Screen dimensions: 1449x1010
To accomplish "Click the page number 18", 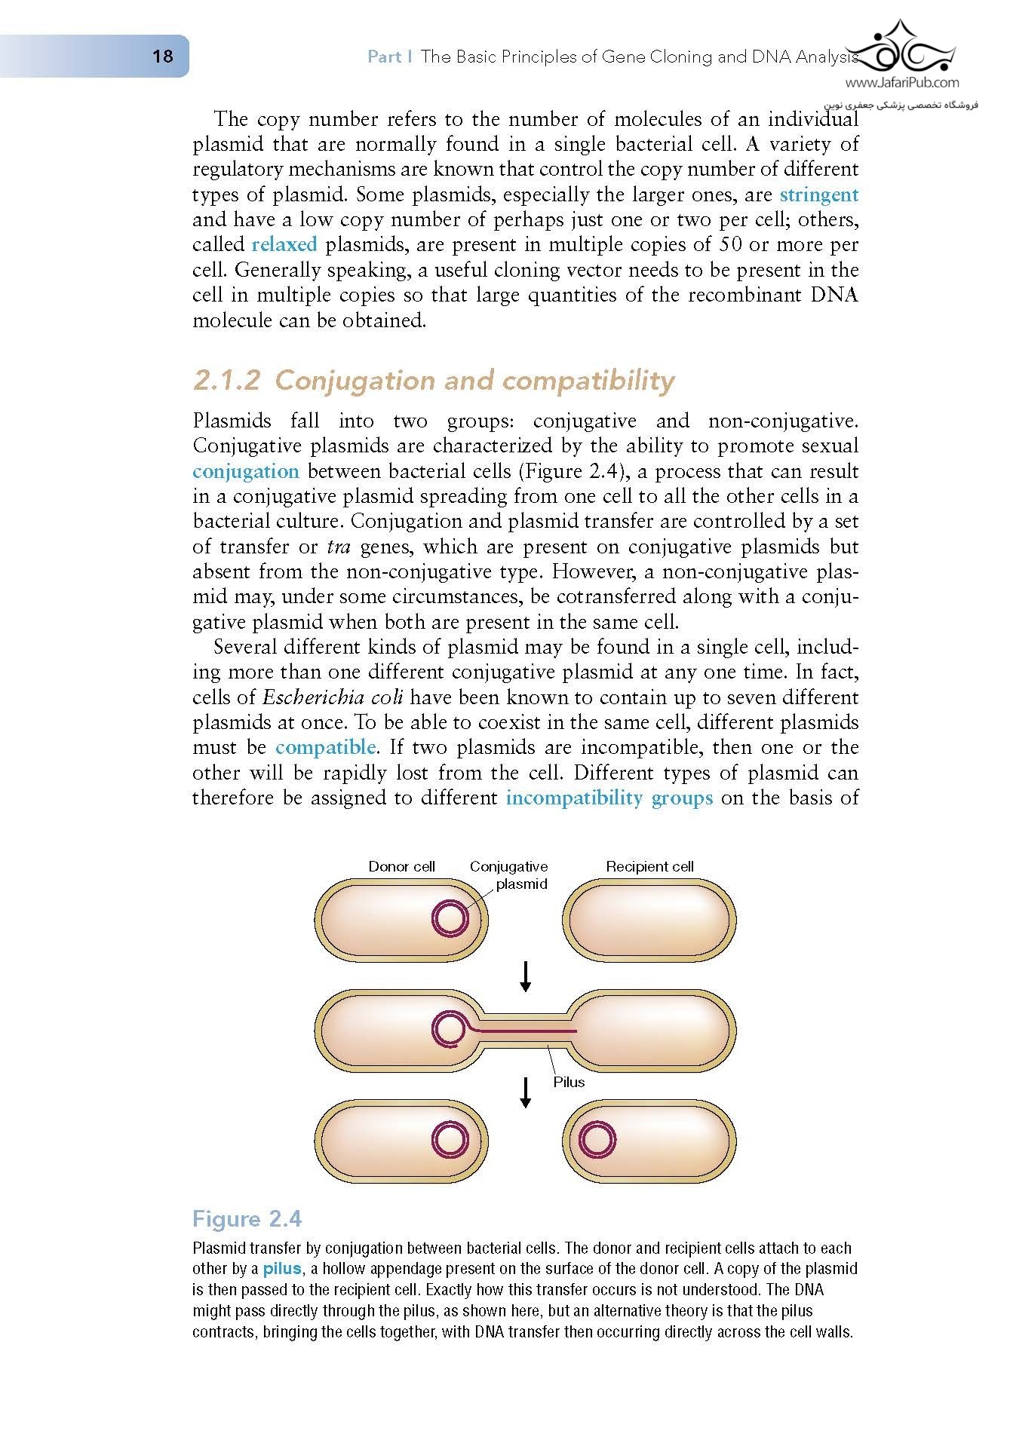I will coord(162,57).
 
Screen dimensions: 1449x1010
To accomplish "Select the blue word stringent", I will coord(818,195).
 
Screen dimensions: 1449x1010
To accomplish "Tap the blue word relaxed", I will coord(284,244).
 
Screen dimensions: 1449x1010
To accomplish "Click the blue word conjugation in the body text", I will coord(246,471).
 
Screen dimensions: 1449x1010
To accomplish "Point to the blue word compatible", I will coord(325,747).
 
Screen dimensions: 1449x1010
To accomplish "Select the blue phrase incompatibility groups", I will coord(609,798).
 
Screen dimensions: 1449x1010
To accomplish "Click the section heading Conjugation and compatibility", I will coord(434,381).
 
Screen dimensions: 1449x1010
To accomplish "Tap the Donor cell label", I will coord(401,866).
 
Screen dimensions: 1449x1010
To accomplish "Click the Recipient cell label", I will coord(649,866).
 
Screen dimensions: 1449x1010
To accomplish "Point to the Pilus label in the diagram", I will coord(569,1082).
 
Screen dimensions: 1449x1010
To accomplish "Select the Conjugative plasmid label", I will coord(509,875).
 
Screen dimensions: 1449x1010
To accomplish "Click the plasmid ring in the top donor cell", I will coord(450,919).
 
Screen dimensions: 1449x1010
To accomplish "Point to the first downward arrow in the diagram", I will coord(526,977).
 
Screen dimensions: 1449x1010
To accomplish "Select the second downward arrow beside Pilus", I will coord(526,1092).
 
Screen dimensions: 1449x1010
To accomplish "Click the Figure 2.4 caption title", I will coord(247,1219).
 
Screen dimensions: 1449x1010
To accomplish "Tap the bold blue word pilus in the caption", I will coord(281,1269).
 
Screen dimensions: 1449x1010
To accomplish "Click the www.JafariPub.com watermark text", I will coord(902,83).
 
